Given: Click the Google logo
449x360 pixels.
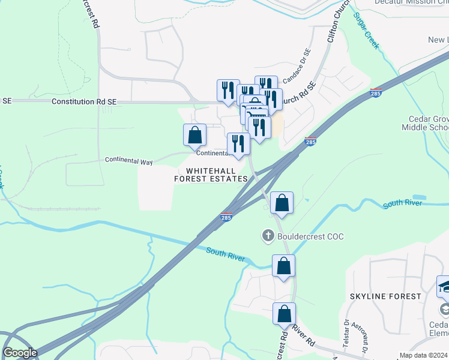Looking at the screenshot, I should click(20, 353).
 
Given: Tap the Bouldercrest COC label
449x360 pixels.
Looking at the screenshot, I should click(310, 236).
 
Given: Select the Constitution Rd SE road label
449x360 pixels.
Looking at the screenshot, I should click(84, 102).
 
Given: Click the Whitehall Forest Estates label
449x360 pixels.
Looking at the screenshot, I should click(211, 175).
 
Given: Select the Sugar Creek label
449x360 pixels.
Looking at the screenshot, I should click(366, 31).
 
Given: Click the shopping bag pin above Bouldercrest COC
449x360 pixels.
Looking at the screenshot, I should click(282, 204).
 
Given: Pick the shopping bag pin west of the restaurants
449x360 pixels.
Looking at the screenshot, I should click(195, 136).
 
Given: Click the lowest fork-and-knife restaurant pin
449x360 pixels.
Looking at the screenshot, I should click(238, 145).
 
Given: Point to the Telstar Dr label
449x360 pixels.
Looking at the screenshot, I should click(346, 343).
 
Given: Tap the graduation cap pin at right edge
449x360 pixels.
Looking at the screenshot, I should click(444, 287).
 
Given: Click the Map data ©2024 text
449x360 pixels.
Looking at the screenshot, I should click(424, 355).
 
